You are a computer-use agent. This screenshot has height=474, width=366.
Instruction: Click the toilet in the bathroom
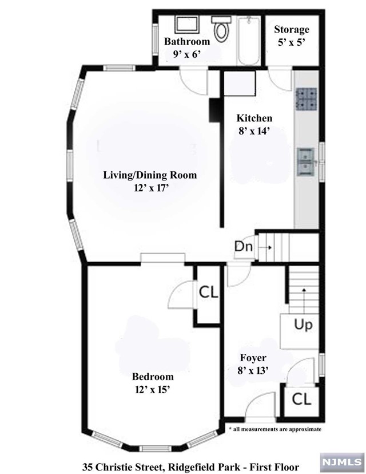click(x=221, y=29)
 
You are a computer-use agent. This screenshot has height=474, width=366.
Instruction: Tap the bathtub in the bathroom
click(x=249, y=41)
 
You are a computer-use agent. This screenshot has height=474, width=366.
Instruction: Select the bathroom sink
click(x=186, y=25)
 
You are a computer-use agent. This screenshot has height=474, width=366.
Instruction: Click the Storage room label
click(x=292, y=29)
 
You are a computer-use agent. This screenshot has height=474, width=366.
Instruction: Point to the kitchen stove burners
click(x=306, y=99)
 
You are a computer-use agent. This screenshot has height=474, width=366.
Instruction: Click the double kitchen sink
click(x=306, y=162)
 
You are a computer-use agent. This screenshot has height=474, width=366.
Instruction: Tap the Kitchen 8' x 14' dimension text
click(x=254, y=131)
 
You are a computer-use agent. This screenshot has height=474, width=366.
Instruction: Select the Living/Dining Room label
click(x=150, y=175)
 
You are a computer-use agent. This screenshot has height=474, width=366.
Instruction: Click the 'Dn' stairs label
click(x=244, y=247)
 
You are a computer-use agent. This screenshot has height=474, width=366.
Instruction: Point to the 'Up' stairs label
click(x=303, y=325)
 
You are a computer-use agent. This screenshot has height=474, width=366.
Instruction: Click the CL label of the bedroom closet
click(x=208, y=293)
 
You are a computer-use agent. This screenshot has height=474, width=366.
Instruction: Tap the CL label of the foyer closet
click(x=301, y=400)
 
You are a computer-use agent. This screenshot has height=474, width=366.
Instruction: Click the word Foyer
click(x=253, y=358)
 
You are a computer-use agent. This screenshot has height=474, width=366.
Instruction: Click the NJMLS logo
click(x=342, y=462)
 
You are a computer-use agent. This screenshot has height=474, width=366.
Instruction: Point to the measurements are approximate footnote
click(x=275, y=429)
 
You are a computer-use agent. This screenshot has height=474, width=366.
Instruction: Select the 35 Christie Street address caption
click(x=191, y=467)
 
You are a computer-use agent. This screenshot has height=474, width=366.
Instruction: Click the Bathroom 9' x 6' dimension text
click(x=187, y=54)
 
